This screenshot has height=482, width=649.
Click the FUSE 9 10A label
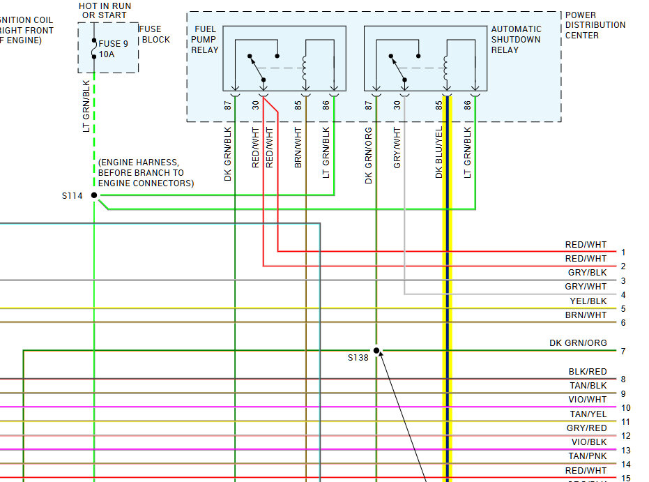pos(113,48)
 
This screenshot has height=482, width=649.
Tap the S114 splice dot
pos(94,195)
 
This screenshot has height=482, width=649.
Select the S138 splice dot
pos(376,350)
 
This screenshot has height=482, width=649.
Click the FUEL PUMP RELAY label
pos(205,40)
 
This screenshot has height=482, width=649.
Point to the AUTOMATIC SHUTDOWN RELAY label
pos(516,40)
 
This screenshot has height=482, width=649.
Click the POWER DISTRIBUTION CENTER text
pos(595,25)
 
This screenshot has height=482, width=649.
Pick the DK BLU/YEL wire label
pos(439,152)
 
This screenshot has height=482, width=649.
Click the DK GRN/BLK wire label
pos(228,153)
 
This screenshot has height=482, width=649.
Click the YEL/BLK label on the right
pos(588,301)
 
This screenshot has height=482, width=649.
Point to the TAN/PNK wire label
pos(588,456)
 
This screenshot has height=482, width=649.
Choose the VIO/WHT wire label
pos(588,400)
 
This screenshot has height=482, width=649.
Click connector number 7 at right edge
pos(623,352)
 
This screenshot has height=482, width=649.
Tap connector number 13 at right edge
pos(625,451)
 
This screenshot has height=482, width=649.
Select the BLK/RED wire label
pos(588,372)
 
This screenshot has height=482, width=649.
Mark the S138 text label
pos(358,358)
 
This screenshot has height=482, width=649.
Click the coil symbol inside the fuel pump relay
pos(305,68)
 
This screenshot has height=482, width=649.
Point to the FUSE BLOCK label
pos(155,34)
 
